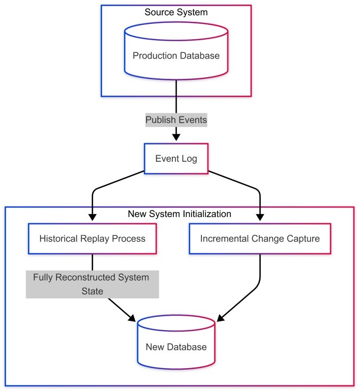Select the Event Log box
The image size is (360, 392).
pos(176,159)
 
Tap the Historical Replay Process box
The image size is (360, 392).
pos(92,238)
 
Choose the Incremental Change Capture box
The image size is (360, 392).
pos(260,238)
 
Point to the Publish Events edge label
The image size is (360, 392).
pos(176,120)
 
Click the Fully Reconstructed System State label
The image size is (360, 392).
pos(92,284)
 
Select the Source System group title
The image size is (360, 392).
pos(176,12)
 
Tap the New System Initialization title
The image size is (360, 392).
pos(179,214)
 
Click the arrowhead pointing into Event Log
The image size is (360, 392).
pos(176,137)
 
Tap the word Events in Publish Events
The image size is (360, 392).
pos(192,120)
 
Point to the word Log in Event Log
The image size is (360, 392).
pos(189,159)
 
